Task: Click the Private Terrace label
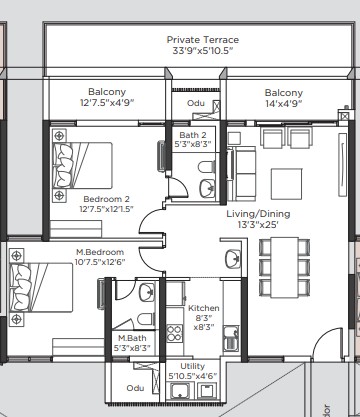click(x=203, y=40)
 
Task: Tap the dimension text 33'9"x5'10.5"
click(x=203, y=51)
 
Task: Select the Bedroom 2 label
click(x=107, y=199)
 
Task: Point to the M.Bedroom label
click(x=100, y=252)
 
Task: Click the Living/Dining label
click(x=258, y=214)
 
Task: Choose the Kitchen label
click(x=204, y=308)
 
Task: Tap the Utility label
click(x=193, y=366)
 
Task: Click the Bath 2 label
click(x=193, y=135)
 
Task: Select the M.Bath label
click(x=132, y=338)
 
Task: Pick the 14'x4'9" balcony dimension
click(x=284, y=104)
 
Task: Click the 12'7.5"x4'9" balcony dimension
click(x=107, y=102)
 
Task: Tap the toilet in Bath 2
click(x=207, y=167)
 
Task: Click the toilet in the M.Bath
click(x=146, y=320)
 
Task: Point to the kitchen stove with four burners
click(x=174, y=334)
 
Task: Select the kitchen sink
click(x=231, y=338)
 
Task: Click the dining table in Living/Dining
click(x=284, y=267)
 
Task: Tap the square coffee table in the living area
click(x=287, y=184)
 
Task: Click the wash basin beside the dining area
click(x=233, y=259)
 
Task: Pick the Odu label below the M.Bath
click(x=135, y=388)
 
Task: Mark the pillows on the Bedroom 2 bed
click(x=63, y=165)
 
